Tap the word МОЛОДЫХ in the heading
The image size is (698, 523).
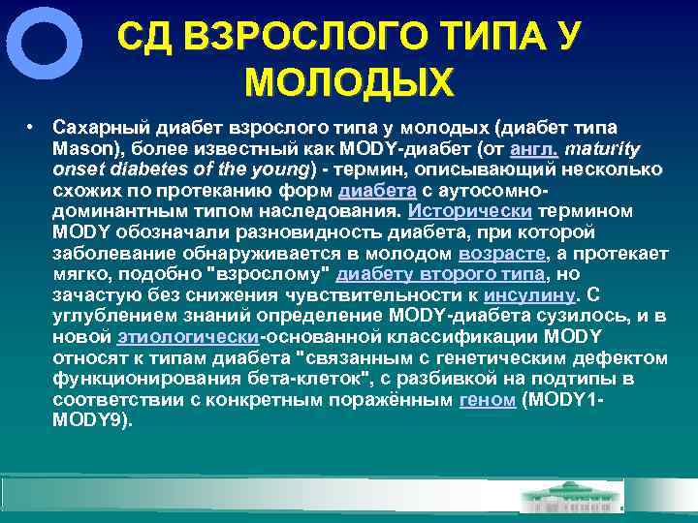(x=349, y=82)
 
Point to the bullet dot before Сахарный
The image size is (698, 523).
(x=32, y=127)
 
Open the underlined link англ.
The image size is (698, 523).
(x=533, y=149)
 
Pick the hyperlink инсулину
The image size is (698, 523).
(x=529, y=294)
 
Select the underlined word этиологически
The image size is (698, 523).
(x=187, y=336)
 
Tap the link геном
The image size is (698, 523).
(x=487, y=399)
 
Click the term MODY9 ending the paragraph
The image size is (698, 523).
(x=89, y=420)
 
